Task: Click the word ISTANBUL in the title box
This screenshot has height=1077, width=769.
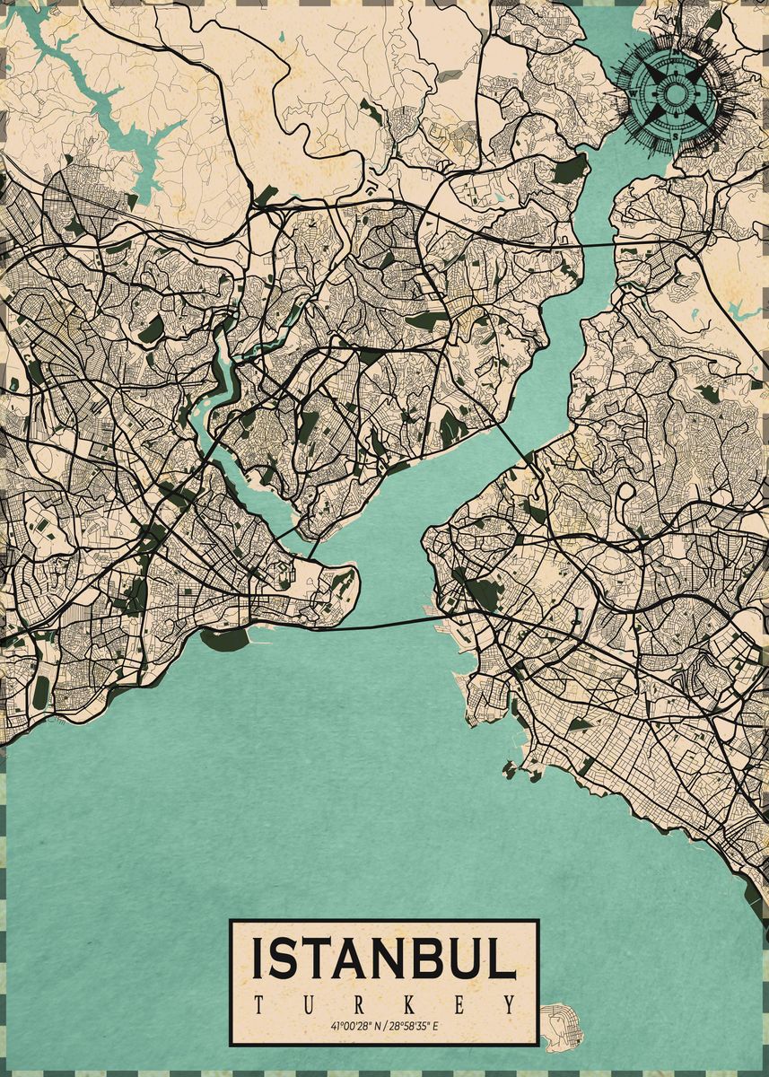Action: [x=384, y=959]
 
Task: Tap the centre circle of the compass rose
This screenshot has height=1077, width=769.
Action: [x=677, y=92]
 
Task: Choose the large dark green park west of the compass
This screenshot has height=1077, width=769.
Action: [x=567, y=171]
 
